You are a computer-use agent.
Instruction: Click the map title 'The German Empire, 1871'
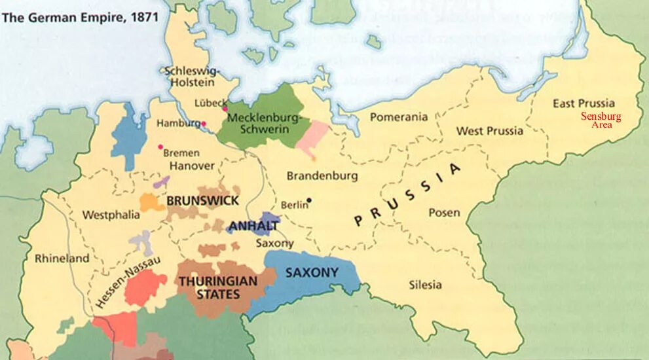tap(80, 17)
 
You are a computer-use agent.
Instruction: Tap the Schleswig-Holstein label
tap(193, 77)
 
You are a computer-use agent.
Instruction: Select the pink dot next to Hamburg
tap(204, 123)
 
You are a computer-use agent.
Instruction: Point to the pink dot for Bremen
tap(160, 147)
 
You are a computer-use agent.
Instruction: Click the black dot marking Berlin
tap(309, 200)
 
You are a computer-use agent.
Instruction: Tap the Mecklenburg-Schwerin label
tap(262, 124)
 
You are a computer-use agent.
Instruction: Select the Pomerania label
tap(399, 117)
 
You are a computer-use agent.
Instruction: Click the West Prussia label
tap(490, 131)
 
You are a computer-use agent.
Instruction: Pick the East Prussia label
tap(584, 103)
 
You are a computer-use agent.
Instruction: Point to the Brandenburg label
tap(322, 176)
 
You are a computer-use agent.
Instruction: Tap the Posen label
tap(444, 213)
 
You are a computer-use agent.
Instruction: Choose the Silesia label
tap(425, 285)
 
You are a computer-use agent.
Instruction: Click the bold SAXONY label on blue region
tap(311, 272)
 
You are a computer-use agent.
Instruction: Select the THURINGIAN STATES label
tap(217, 287)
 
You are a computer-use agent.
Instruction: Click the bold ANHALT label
tap(253, 226)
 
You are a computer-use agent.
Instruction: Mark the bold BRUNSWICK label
tap(203, 200)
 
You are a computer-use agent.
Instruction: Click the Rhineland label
tap(62, 259)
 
